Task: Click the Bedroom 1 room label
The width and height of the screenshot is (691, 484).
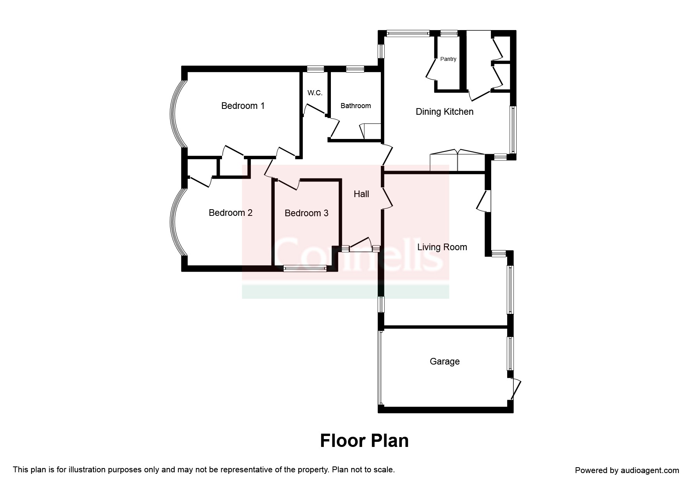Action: [x=243, y=106]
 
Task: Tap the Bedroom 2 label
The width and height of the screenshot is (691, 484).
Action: [x=230, y=213]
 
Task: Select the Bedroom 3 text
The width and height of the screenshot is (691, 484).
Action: [x=306, y=213]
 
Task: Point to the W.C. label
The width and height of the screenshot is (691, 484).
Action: [x=315, y=93]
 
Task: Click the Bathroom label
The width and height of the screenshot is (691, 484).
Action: [x=355, y=106]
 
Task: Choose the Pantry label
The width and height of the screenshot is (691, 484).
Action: [x=448, y=59]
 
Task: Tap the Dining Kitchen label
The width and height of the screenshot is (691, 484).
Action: [x=444, y=112]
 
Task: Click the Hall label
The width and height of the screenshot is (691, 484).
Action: [x=361, y=194]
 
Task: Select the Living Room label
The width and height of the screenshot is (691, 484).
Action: [x=442, y=247]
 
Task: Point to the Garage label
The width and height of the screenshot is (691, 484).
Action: [x=444, y=361]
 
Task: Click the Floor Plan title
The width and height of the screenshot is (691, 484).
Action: [x=364, y=441]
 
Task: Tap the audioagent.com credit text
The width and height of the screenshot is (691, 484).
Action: [x=627, y=470]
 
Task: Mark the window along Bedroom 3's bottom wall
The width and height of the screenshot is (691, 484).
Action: [x=305, y=268]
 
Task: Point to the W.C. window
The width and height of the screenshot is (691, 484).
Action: [x=315, y=69]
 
